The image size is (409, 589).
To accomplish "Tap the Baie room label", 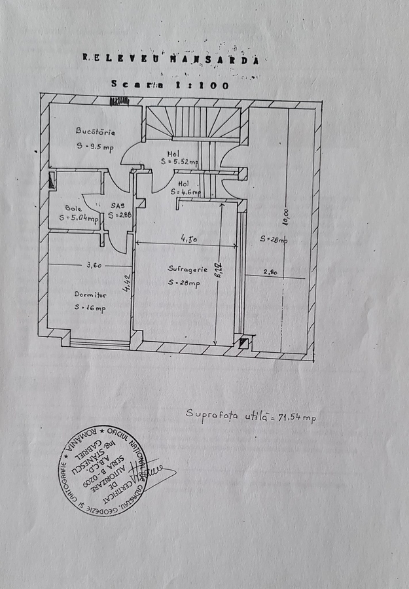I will [73, 208].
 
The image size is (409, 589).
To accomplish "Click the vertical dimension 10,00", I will [286, 216].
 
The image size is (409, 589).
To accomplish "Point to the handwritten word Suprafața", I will [207, 414].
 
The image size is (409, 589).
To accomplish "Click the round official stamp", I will [103, 471].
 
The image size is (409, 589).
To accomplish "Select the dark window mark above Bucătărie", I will [118, 101].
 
